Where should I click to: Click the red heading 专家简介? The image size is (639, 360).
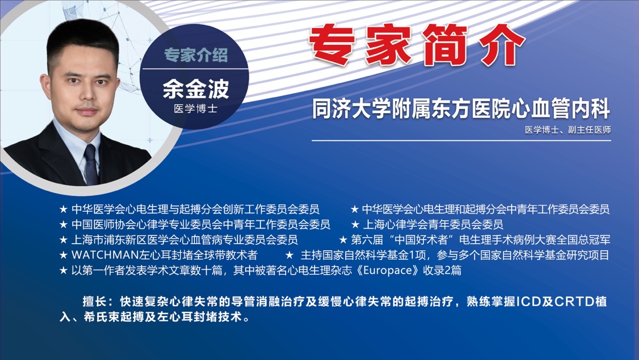pos(417,45)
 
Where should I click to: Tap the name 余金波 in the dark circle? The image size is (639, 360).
pos(196,89)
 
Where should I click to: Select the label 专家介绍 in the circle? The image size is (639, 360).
pos(196,55)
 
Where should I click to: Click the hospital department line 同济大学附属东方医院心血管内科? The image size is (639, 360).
pos(461,109)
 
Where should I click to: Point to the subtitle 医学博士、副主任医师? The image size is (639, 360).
pos(567,129)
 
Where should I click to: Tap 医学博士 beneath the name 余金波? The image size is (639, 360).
pos(196,109)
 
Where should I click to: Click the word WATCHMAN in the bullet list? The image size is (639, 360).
pos(105,255)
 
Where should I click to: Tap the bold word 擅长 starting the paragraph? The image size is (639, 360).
pos(95,302)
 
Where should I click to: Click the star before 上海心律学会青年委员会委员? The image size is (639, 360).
pos(356,225)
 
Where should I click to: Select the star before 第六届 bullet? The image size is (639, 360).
pos(343,240)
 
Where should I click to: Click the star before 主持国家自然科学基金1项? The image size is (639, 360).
pos(289,255)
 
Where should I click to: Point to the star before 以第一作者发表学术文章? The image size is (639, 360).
pos(63,271)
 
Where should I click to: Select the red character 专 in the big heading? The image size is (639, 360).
pos(332,45)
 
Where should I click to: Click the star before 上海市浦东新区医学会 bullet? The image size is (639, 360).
pos(63,240)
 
